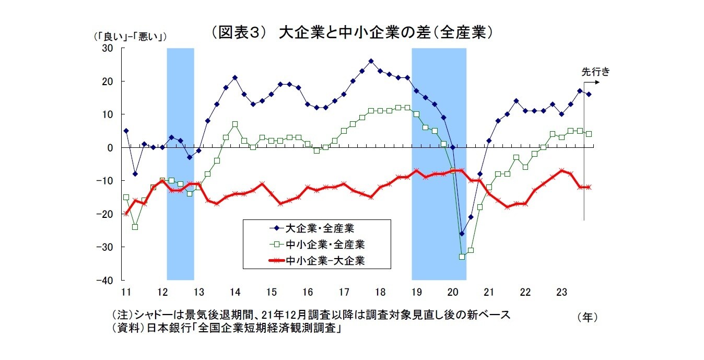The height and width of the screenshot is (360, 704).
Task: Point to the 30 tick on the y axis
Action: [x=108, y=48]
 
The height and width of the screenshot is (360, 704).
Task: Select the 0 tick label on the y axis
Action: [x=110, y=148]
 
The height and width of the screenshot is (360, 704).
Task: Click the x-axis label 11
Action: [x=125, y=292]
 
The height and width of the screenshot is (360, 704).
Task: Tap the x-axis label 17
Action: [x=343, y=292]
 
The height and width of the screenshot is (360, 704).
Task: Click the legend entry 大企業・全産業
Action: [x=321, y=228]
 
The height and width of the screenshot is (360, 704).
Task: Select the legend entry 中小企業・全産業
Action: [x=324, y=245]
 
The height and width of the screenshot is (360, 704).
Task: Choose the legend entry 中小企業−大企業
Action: [x=324, y=261]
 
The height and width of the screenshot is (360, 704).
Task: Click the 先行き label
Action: [x=596, y=72]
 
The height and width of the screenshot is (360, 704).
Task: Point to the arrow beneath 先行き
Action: [x=591, y=82]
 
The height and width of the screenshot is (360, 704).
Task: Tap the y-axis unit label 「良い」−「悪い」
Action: [x=128, y=37]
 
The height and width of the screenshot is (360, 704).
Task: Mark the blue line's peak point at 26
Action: [x=371, y=61]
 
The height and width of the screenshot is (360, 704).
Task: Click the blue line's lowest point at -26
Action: [x=462, y=234]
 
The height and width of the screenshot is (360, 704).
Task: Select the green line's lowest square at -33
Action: [x=462, y=257]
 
